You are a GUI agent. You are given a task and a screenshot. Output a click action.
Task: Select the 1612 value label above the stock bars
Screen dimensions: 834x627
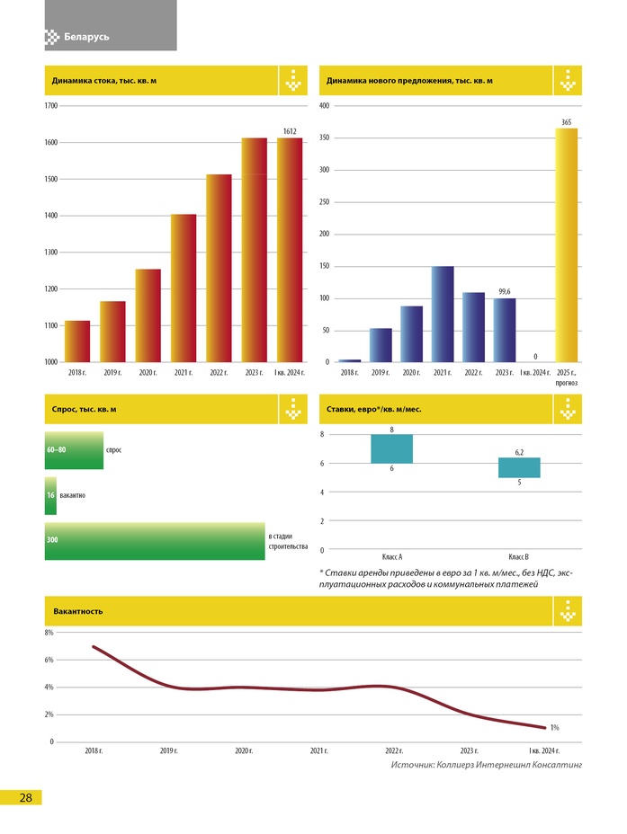pos(290,131)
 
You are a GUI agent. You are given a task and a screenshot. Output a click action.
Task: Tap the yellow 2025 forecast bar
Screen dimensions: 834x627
pos(567,244)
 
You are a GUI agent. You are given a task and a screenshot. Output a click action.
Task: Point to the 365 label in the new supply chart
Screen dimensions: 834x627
pos(567,121)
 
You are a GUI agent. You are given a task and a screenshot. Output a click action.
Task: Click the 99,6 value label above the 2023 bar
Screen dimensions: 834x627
pos(505,291)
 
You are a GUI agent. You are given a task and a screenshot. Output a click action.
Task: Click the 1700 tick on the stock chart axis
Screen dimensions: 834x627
pos(51,106)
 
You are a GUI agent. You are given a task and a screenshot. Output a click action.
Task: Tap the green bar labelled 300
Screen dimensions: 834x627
pos(155,541)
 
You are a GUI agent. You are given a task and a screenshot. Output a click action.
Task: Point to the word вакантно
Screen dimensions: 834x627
pos(73,495)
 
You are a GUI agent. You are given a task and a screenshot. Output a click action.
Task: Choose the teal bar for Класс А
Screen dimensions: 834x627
pos(392,448)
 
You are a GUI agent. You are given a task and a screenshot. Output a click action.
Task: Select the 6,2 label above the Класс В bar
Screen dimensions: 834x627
pos(520,451)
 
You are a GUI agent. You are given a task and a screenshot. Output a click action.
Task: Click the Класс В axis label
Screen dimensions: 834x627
pos(519,557)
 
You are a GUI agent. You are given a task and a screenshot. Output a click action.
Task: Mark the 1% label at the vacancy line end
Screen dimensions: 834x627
pos(555,727)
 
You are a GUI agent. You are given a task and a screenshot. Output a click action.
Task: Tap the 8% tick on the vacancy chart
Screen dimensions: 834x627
pos(49,633)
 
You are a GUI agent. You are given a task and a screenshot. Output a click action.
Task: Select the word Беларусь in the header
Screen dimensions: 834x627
pos(86,37)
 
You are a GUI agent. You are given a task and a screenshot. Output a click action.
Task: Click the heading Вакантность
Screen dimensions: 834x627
pos(78,611)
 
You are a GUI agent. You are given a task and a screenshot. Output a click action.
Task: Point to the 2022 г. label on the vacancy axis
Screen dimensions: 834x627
pos(393,750)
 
